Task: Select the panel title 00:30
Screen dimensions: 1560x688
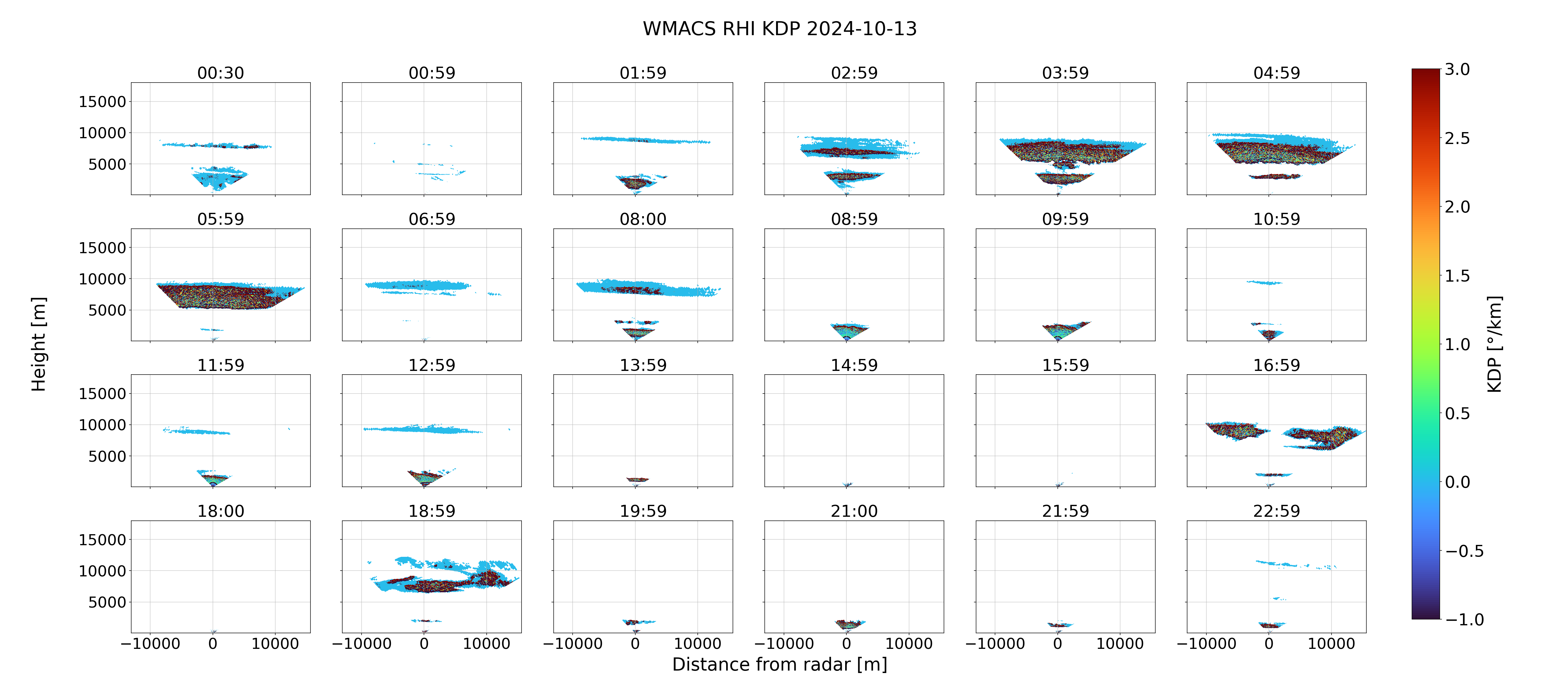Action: (x=221, y=73)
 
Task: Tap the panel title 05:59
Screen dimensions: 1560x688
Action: (x=221, y=219)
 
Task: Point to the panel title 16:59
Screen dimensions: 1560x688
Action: (x=1276, y=365)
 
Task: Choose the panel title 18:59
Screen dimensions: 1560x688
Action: (x=432, y=511)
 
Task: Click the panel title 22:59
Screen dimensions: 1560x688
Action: (x=1276, y=511)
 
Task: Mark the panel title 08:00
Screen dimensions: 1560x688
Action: (x=643, y=219)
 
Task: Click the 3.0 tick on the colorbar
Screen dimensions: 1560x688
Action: (x=1457, y=70)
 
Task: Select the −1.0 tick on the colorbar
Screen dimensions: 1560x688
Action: (x=1464, y=620)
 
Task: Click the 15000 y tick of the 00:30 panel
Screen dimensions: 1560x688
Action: (x=102, y=102)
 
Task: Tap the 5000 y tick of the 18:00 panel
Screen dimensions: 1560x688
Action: (x=107, y=602)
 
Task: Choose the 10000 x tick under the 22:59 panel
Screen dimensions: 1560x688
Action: (x=1331, y=644)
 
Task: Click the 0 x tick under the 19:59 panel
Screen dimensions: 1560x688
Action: (x=635, y=644)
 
